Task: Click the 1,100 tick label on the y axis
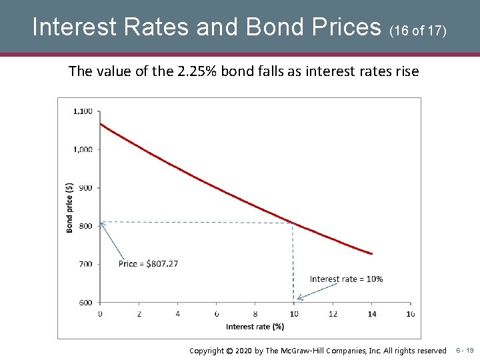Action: click(83, 111)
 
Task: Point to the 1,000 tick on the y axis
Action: click(83, 149)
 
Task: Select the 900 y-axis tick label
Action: click(85, 187)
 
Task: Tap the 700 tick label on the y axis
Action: click(85, 264)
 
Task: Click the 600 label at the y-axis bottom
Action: click(85, 302)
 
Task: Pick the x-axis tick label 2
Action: click(139, 313)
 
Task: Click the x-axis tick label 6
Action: click(216, 313)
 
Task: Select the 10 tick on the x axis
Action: click(293, 313)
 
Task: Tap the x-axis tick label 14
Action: click(371, 313)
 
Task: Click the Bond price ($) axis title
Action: click(70, 207)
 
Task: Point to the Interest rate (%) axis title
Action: click(255, 327)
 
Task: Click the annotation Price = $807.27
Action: click(148, 264)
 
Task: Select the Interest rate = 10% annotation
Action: click(346, 279)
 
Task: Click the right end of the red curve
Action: click(371, 253)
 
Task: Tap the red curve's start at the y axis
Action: click(101, 124)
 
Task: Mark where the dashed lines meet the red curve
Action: click(293, 223)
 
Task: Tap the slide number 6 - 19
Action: click(465, 350)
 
